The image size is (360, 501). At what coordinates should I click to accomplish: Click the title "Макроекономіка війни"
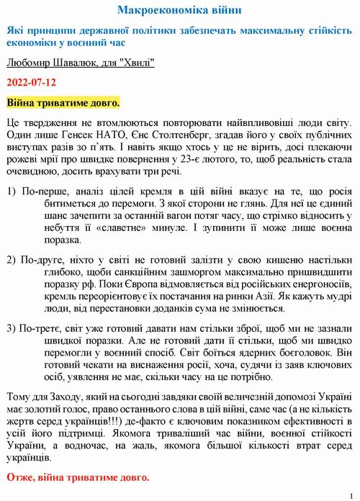click(179, 11)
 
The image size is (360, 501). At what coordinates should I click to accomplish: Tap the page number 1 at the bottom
click(350, 495)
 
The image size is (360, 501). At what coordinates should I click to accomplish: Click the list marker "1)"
click(11, 191)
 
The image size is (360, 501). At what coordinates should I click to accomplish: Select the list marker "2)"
click(11, 259)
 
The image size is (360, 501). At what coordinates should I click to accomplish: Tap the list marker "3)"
click(11, 328)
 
